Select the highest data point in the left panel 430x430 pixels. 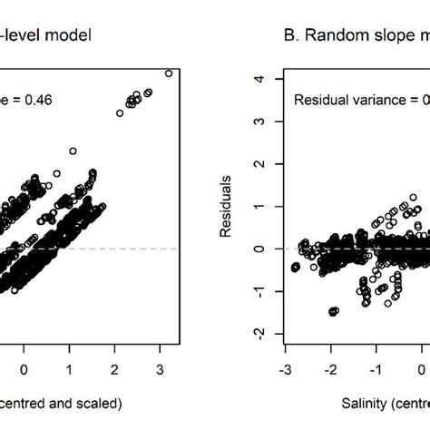click(168, 73)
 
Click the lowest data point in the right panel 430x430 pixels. click(333, 311)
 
